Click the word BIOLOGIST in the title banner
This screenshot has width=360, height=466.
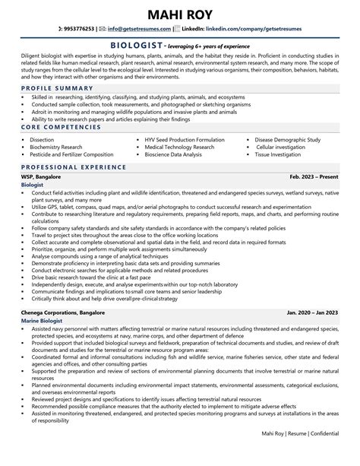[137, 45]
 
